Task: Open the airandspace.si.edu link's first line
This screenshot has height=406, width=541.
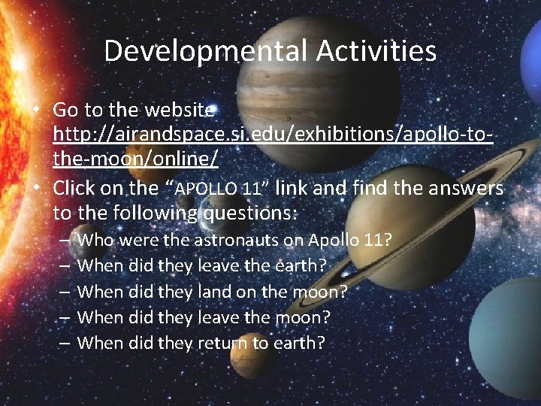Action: tap(274, 136)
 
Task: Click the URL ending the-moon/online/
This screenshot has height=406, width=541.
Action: tap(136, 161)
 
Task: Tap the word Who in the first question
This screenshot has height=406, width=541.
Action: tap(95, 241)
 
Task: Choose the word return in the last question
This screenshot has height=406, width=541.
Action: tap(225, 343)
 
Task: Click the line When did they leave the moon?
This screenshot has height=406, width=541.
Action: tap(204, 317)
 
